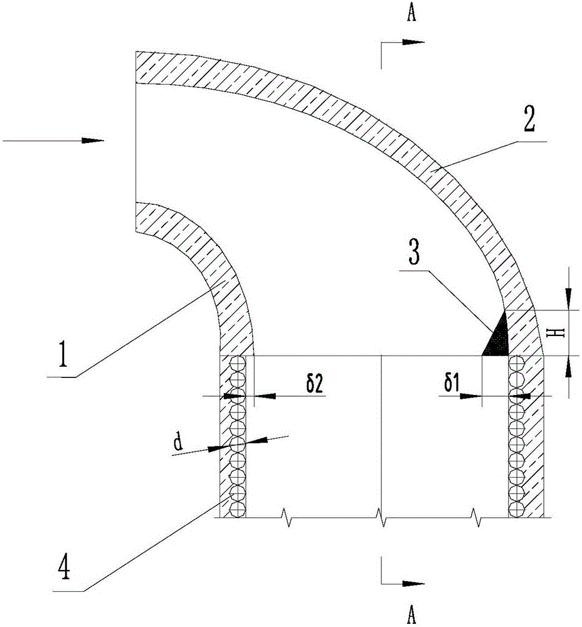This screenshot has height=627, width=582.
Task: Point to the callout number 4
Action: coord(64,569)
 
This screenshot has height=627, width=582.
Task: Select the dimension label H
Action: coord(560,333)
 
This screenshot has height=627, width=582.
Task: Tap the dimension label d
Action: coord(178,443)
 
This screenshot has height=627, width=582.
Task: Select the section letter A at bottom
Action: coord(411,614)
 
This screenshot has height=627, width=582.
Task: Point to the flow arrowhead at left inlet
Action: coord(93,140)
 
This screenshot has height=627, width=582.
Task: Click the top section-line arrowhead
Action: coord(413,42)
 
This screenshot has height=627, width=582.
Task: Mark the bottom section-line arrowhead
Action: coord(413,583)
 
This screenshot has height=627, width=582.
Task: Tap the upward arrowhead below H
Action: coord(568,366)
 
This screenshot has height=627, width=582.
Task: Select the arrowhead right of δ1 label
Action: coord(470,396)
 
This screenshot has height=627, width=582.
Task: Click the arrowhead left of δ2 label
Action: coord(265,396)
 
